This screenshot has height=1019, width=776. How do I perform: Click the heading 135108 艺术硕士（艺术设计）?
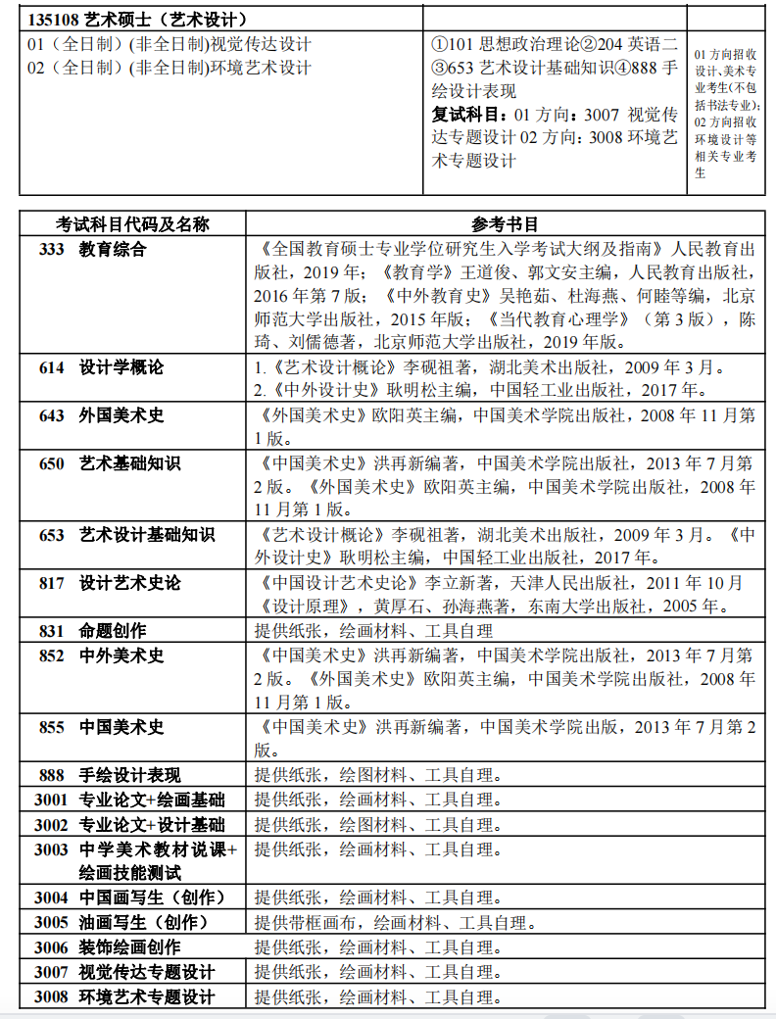tap(137, 20)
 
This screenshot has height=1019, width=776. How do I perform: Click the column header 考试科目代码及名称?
tap(132, 224)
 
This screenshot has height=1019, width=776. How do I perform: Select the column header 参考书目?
tap(505, 224)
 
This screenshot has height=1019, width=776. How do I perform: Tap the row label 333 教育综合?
tap(93, 249)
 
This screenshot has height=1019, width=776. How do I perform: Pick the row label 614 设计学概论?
tap(102, 367)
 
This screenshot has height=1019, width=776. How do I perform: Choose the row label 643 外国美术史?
tap(102, 415)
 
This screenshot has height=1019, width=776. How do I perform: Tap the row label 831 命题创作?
tap(93, 632)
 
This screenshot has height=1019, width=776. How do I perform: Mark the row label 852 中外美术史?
tap(102, 655)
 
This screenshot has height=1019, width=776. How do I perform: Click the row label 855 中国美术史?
tap(102, 727)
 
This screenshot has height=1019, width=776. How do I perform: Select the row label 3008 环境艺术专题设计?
tap(124, 997)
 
